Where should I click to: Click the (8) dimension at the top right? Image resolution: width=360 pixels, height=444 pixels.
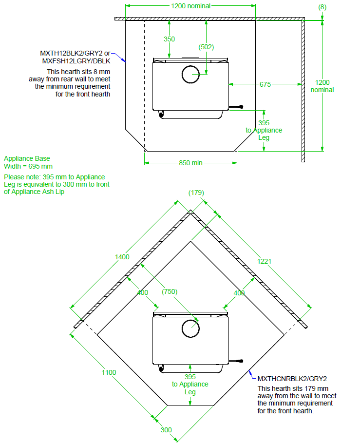pyautogui.click(x=322, y=7)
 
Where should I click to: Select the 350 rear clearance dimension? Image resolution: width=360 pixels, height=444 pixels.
pyautogui.click(x=169, y=39)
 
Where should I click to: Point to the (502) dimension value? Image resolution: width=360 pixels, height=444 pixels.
pyautogui.click(x=207, y=47)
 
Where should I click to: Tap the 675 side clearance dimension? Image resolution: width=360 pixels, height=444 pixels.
pyautogui.click(x=265, y=84)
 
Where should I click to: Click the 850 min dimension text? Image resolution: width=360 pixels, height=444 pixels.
pyautogui.click(x=190, y=163)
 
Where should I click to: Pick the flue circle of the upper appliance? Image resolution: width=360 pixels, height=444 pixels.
pyautogui.click(x=190, y=75)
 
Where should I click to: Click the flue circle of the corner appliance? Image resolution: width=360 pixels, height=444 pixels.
pyautogui.click(x=190, y=328)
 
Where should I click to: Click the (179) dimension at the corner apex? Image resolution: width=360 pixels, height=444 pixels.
pyautogui.click(x=196, y=193)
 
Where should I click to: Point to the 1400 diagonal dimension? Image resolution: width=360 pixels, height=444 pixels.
pyautogui.click(x=122, y=257)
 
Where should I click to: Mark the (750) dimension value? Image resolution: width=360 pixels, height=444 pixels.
pyautogui.click(x=170, y=291)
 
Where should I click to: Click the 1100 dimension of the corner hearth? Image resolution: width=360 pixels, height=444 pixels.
pyautogui.click(x=109, y=372)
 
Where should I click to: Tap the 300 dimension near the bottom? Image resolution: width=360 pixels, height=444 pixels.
pyautogui.click(x=166, y=430)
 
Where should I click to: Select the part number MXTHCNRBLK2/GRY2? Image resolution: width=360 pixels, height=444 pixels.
pyautogui.click(x=292, y=378)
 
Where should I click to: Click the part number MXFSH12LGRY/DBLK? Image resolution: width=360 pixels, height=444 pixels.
pyautogui.click(x=76, y=61)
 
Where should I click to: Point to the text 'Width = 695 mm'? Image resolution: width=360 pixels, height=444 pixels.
pyautogui.click(x=28, y=166)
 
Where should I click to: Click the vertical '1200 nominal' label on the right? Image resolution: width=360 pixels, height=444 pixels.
pyautogui.click(x=322, y=86)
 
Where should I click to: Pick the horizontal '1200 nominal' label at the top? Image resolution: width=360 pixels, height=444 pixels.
pyautogui.click(x=190, y=6)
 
